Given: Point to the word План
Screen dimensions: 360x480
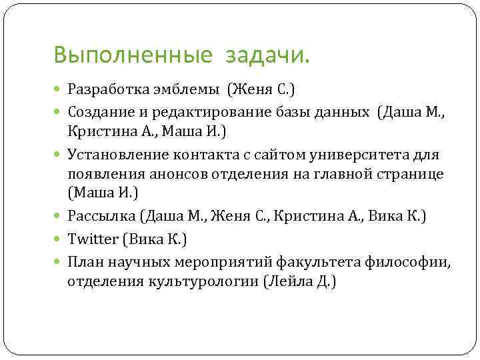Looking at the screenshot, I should pos(83,262).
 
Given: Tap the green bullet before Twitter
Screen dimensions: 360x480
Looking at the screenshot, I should pos(59,239).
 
